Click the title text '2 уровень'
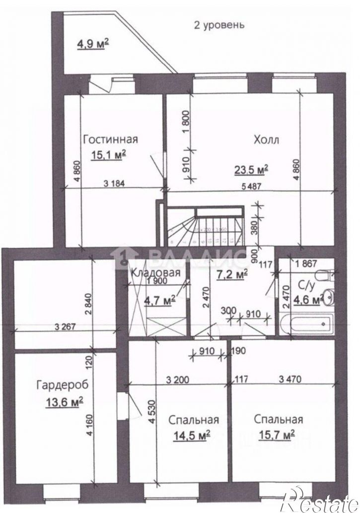coord(218,24)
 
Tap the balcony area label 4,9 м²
coord(93,46)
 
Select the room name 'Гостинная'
coord(110,139)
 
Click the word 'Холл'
coord(266,140)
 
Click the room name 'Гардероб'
coord(59,384)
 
